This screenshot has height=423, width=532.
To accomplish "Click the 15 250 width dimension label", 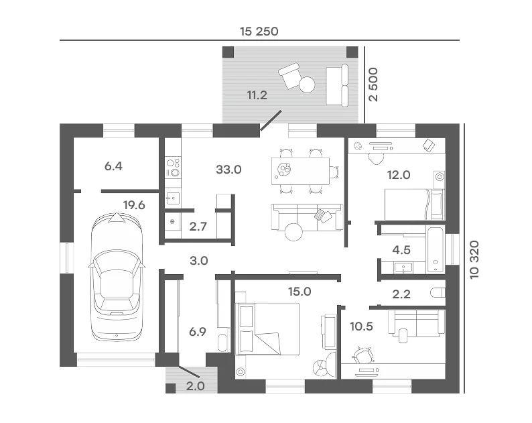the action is click(259, 32).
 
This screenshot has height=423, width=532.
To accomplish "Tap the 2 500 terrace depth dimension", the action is click(373, 84).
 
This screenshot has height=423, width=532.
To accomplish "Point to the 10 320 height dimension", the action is click(474, 259).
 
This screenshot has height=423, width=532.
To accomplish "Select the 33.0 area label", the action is click(228, 169).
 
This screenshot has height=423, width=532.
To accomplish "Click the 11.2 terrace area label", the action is click(257, 95).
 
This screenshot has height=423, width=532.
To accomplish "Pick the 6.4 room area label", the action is click(113, 166).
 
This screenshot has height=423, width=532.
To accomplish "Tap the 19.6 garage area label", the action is click(134, 205).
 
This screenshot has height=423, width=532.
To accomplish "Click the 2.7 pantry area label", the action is click(198, 227).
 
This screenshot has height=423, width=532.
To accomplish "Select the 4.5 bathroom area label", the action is click(401, 250).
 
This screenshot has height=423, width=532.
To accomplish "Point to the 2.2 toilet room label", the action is click(401, 294).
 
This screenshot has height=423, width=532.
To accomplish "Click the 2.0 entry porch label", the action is click(196, 386).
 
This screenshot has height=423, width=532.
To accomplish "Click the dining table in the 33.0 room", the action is click(301, 171).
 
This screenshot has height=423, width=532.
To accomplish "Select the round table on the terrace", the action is click(307, 84).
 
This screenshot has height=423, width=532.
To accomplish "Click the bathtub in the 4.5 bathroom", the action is click(435, 249).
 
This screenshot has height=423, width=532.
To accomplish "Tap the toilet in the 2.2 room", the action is click(438, 293).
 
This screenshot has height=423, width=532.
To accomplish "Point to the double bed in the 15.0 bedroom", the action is click(268, 328).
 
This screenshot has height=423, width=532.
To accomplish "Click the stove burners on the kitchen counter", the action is click(173, 168).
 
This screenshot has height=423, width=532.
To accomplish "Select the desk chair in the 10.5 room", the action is click(362, 355).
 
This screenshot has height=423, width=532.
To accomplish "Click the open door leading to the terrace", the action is click(271, 120).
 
